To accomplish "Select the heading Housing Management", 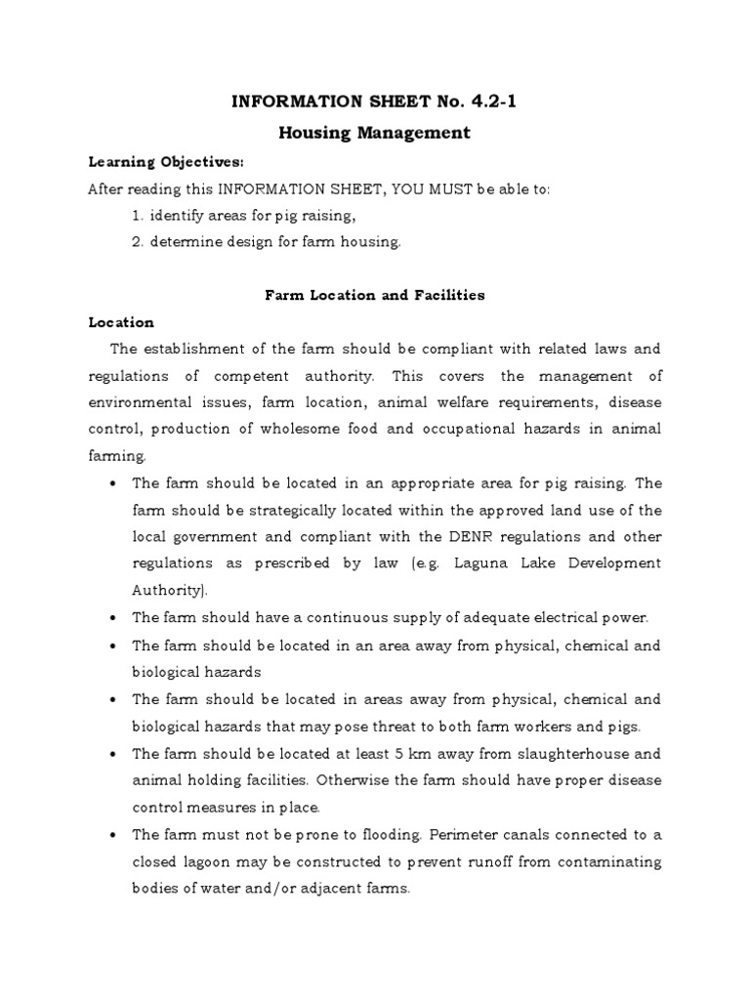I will [x=375, y=132].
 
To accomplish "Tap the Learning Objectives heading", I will [x=152, y=161].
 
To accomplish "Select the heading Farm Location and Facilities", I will [x=375, y=295].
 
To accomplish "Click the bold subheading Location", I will [x=121, y=321].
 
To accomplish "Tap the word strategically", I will [x=269, y=510].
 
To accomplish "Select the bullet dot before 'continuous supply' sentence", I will [x=116, y=618].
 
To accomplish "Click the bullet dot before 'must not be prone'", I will [x=116, y=835].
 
